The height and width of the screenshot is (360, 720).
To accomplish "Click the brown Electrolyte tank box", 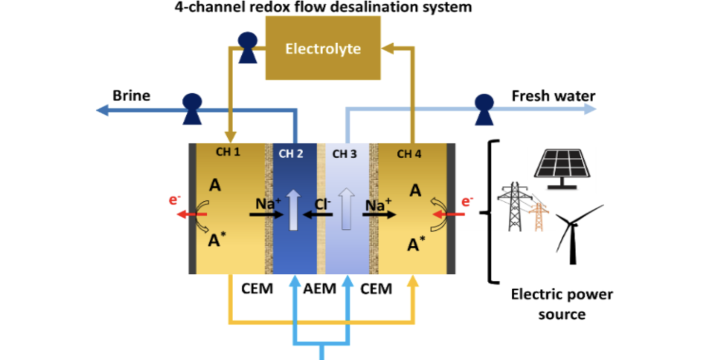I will coord(323,48).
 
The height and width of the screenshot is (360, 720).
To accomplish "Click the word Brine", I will coord(132,96).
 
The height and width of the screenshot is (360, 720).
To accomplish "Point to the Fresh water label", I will coord(553,96).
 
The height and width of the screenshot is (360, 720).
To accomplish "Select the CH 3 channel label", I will coord(345,154).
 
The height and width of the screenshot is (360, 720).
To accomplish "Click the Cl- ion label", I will coord(322,204).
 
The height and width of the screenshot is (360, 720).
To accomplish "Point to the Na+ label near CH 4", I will coord(378,204).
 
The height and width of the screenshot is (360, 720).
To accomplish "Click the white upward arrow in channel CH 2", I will coord(293,210).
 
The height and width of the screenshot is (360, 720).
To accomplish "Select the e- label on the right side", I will coord(467,201).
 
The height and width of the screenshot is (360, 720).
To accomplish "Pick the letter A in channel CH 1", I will coord(215,185).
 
